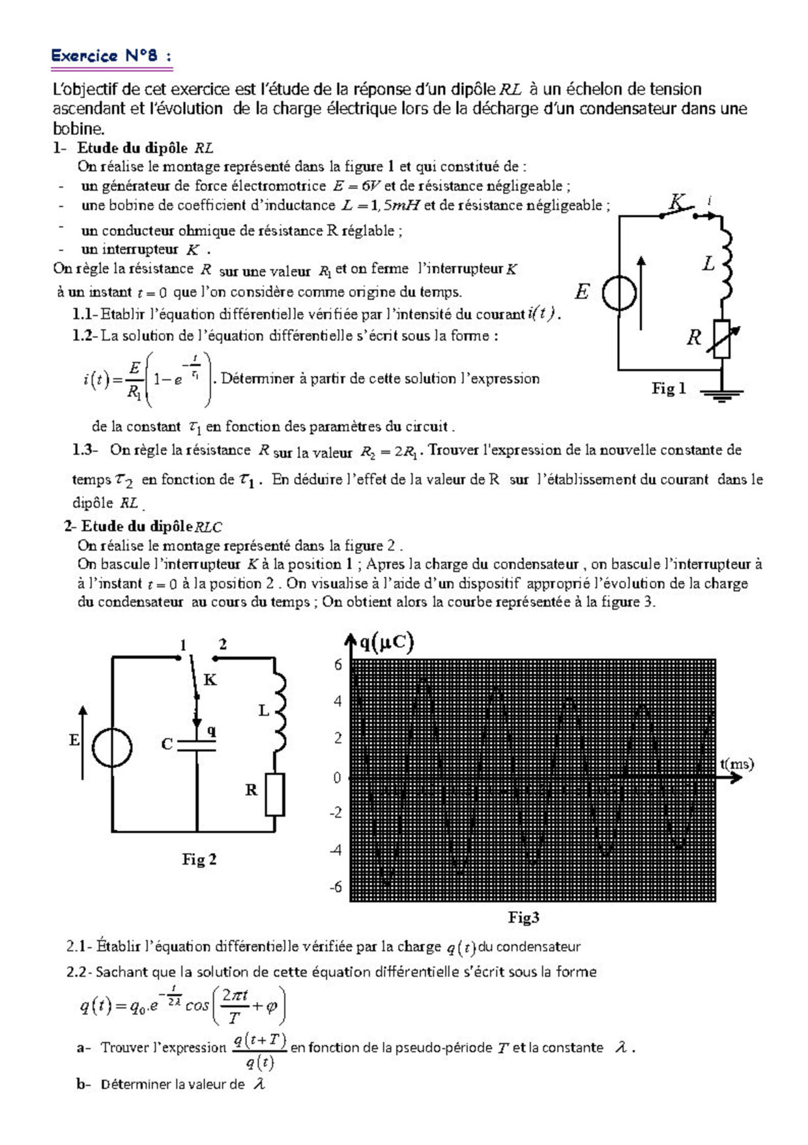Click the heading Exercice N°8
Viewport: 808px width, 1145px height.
pyautogui.click(x=111, y=57)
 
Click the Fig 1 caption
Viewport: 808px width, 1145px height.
pyautogui.click(x=669, y=388)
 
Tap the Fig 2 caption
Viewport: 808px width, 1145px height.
pyautogui.click(x=199, y=859)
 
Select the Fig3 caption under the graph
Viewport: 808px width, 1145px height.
pyautogui.click(x=523, y=918)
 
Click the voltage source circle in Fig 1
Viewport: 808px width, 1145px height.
pyautogui.click(x=619, y=294)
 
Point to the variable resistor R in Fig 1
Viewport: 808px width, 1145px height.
pyautogui.click(x=721, y=338)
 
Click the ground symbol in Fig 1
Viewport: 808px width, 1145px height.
pyautogui.click(x=721, y=394)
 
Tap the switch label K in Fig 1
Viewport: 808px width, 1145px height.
pyautogui.click(x=678, y=202)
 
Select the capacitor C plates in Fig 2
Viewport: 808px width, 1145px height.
pyautogui.click(x=197, y=745)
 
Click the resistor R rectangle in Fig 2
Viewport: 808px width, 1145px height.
pyautogui.click(x=274, y=794)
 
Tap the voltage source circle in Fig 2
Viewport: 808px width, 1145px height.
pyautogui.click(x=112, y=747)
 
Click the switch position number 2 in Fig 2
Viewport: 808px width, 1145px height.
pyautogui.click(x=223, y=645)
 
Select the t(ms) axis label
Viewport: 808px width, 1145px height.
pyautogui.click(x=736, y=764)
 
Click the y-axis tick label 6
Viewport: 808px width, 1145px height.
pyautogui.click(x=338, y=665)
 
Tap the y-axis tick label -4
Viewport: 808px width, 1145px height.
pyautogui.click(x=336, y=850)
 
